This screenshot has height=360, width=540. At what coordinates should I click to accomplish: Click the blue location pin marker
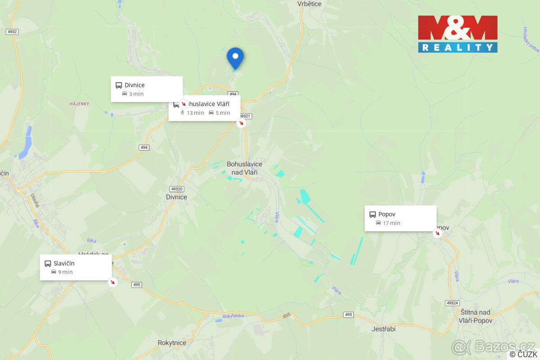pyautogui.click(x=235, y=58)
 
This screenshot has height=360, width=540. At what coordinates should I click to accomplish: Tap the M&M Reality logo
pyautogui.click(x=458, y=34)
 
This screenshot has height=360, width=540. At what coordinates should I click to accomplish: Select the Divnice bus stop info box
pyautogui.click(x=147, y=89)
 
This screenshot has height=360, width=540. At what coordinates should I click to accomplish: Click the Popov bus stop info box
pyautogui.click(x=400, y=218)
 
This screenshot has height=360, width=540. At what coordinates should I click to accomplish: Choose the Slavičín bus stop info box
pyautogui.click(x=76, y=267)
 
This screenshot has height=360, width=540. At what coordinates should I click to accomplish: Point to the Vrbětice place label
pyautogui.click(x=310, y=4)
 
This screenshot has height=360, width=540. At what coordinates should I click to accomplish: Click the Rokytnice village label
pyautogui.click(x=172, y=343)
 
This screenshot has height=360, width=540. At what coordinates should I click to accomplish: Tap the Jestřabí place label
pyautogui.click(x=383, y=329)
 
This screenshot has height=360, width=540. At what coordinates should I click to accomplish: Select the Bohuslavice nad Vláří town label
pyautogui.click(x=245, y=168)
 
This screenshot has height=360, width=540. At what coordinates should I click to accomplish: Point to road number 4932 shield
pyautogui.click(x=12, y=31)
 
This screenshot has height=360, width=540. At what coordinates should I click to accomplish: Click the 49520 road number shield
pyautogui.click(x=177, y=189)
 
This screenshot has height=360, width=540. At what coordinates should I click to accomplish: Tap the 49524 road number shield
pyautogui.click(x=452, y=303)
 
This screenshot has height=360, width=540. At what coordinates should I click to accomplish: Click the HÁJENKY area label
pyautogui.click(x=79, y=104)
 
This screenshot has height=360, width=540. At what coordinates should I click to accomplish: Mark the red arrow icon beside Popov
pyautogui.click(x=436, y=233)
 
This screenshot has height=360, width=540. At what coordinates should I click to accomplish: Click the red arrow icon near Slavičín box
pyautogui.click(x=112, y=282)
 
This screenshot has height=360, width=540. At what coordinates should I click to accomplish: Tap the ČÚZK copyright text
pyautogui.click(x=523, y=355)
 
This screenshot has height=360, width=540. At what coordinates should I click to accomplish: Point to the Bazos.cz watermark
pyautogui.click(x=493, y=346)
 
